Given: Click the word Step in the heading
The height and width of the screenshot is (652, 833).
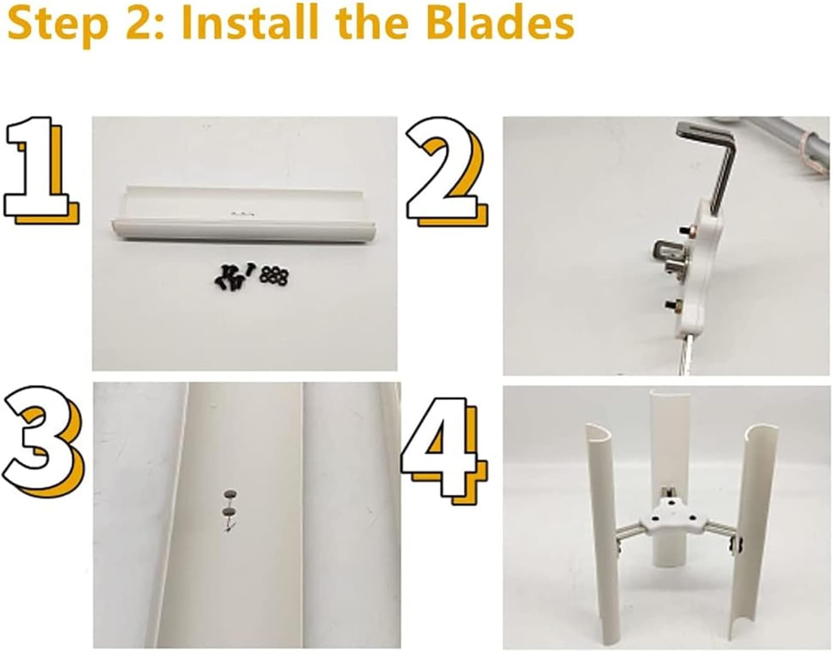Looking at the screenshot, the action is click(58, 26).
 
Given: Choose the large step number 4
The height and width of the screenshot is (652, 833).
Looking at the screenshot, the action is click(445, 450).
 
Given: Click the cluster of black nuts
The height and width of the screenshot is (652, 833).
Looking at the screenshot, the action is click(274, 275).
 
